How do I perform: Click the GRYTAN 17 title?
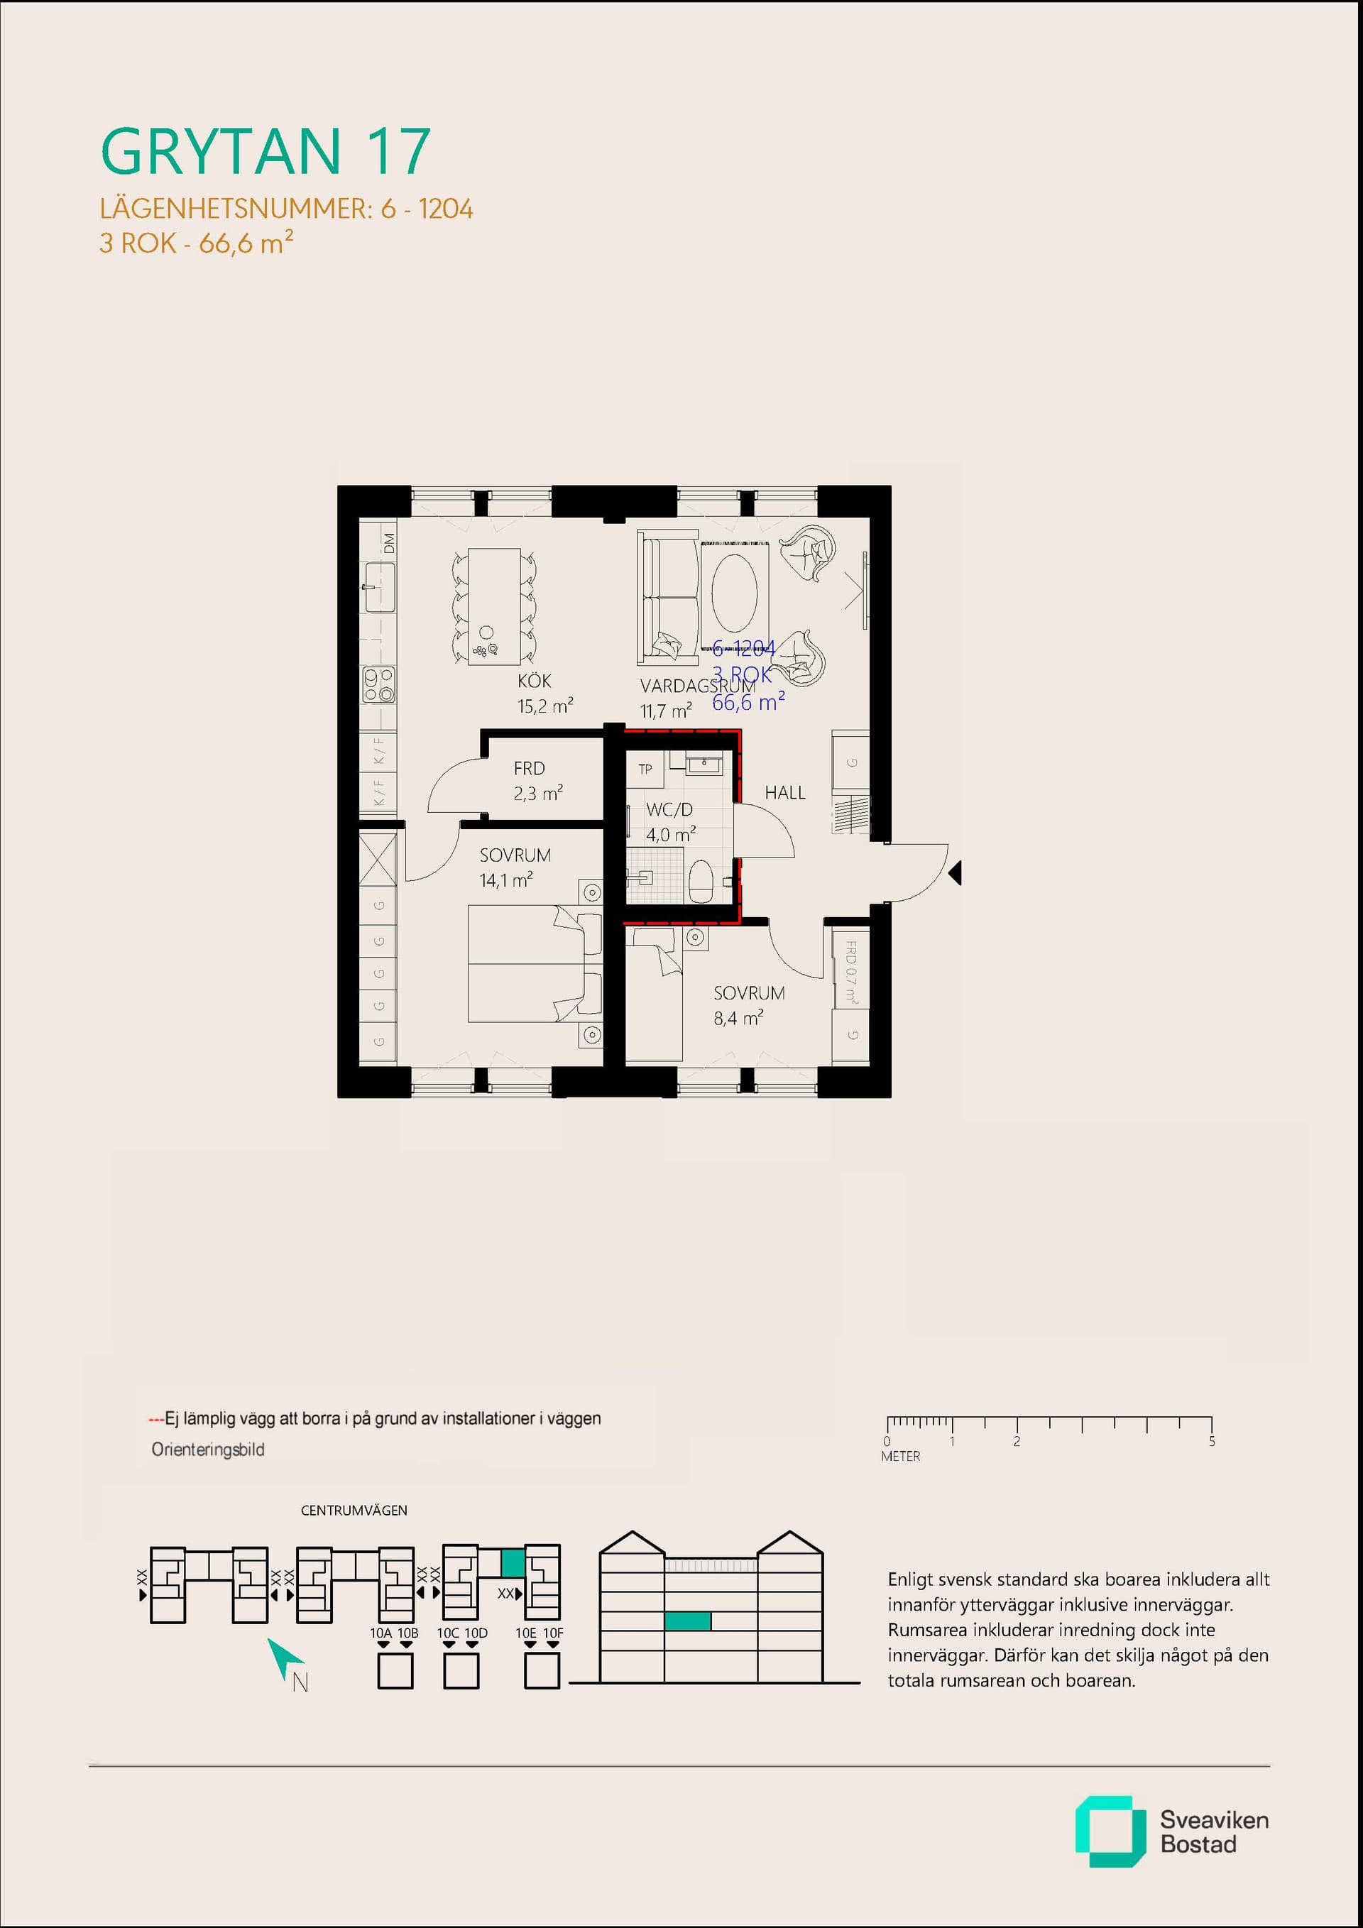(266, 152)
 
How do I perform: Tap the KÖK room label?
(534, 681)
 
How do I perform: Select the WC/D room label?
(669, 809)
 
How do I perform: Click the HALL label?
(784, 793)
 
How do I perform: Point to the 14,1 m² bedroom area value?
(505, 880)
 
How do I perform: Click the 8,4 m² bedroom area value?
(738, 1018)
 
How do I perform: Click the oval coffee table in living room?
(734, 592)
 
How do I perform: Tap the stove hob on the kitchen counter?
(379, 684)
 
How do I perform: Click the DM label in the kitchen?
(389, 542)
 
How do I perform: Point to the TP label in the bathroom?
(645, 769)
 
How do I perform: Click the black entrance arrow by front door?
(955, 873)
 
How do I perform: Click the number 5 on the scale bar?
(1211, 1441)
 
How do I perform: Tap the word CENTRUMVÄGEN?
(354, 1510)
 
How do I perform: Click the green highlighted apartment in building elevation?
(687, 1621)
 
